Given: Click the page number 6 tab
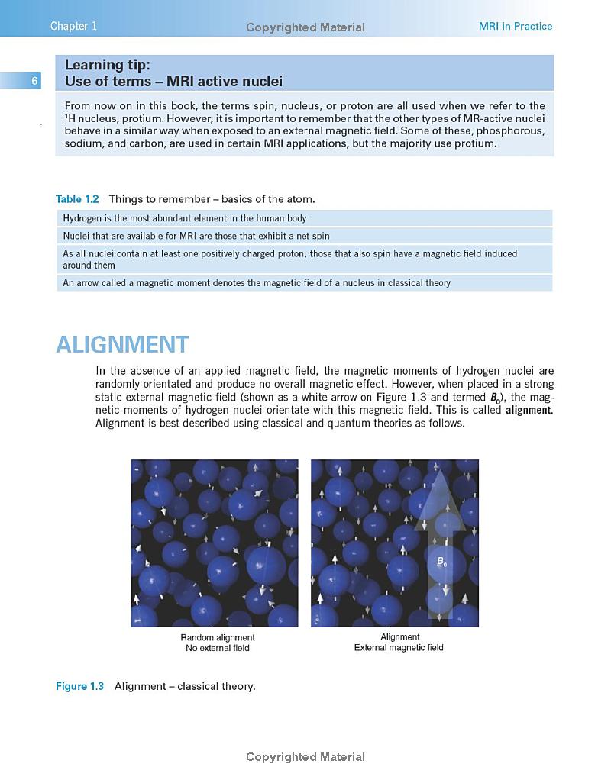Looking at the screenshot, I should tap(34, 81).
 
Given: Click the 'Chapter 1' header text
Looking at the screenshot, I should tap(73, 27).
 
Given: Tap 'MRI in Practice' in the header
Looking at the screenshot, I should tap(515, 27).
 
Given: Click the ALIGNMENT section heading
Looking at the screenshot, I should tap(122, 344).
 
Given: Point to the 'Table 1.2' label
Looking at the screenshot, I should tap(77, 199).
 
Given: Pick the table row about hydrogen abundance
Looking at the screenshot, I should tap(184, 218).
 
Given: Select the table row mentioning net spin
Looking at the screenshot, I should tap(196, 236).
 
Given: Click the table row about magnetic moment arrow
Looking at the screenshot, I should tap(257, 283).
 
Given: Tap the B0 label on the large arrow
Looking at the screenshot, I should tap(441, 562).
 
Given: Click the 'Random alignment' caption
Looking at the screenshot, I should tap(218, 637).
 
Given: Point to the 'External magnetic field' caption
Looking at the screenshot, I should tap(399, 648).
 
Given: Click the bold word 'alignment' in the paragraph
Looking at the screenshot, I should tap(529, 410).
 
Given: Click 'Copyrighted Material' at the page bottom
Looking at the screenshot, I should tap(305, 757).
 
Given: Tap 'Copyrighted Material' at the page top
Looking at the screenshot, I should tap(305, 27).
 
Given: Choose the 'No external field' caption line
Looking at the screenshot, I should tap(218, 649).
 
